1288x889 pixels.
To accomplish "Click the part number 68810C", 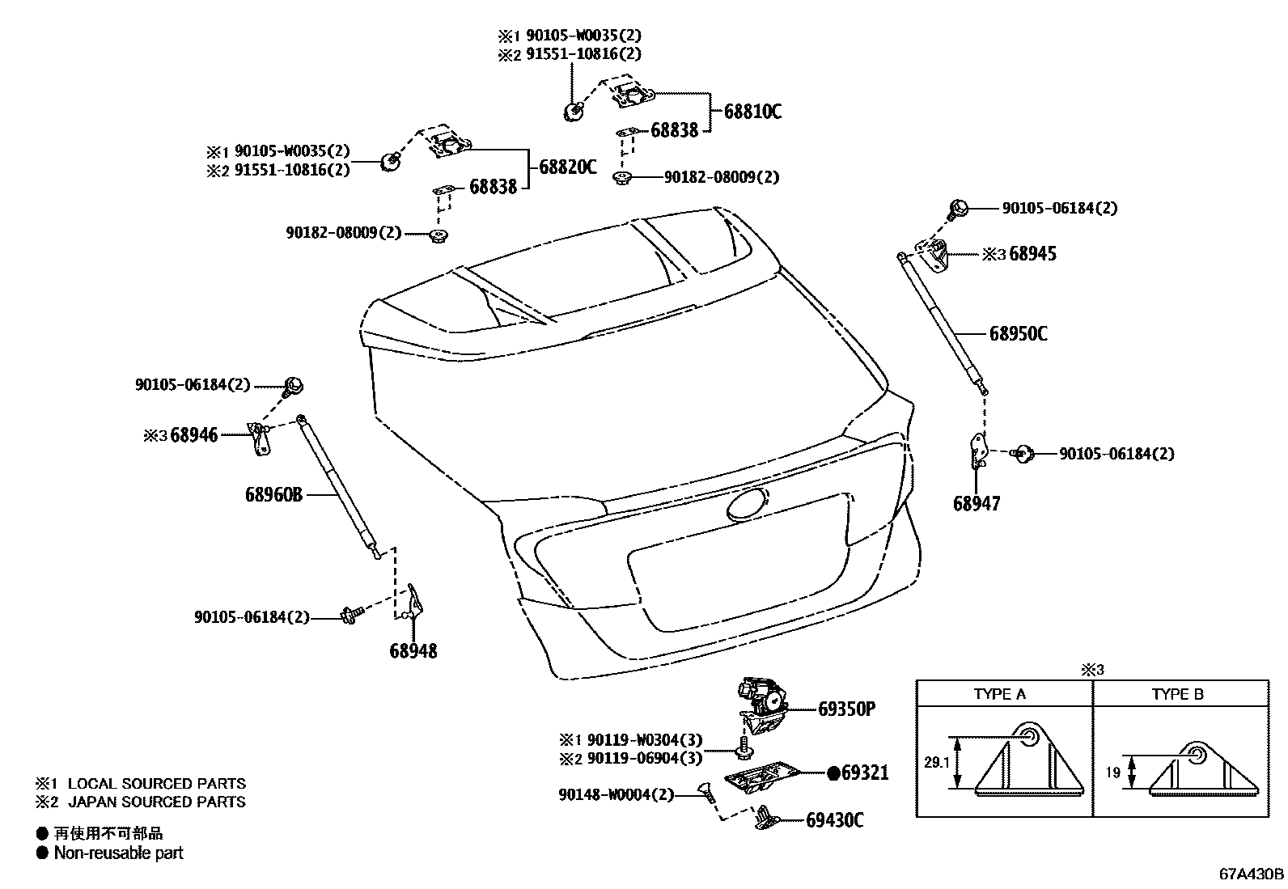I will [752, 112].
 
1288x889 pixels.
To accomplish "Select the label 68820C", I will [567, 167].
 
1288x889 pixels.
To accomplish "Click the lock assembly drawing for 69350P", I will [761, 700].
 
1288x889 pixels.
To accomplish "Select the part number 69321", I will [864, 773].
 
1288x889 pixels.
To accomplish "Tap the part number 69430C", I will [834, 820].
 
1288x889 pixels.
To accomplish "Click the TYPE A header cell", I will [999, 694].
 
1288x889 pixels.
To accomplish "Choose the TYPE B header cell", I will [1177, 694].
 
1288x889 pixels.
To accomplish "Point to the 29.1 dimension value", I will [933, 762].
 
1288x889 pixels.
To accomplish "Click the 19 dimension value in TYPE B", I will [1112, 773].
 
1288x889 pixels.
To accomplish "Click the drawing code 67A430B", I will [1251, 874].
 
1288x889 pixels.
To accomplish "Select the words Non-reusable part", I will [119, 853].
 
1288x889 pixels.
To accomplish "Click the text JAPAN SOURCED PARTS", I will [156, 802].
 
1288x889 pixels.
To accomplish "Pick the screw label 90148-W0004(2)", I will [616, 794].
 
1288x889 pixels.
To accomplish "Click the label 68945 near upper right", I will [1032, 254].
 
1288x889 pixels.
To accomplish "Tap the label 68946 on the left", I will [193, 435].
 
